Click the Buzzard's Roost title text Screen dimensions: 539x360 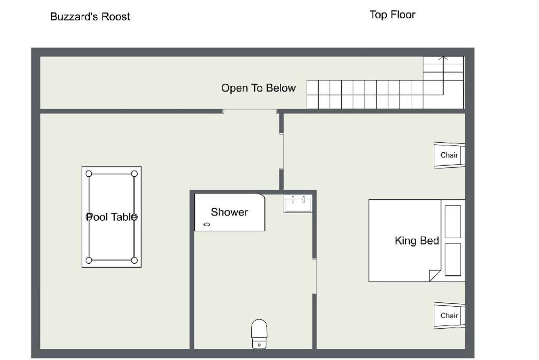tap(90, 17)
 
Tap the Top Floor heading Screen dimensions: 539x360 tap(392, 15)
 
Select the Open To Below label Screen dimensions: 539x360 tap(258, 88)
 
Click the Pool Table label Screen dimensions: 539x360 tap(111, 217)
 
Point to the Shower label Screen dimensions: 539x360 tap(229, 212)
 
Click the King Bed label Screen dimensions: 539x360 tap(417, 240)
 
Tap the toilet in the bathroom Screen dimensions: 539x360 tap(259, 334)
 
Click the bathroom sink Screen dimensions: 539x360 tap(298, 203)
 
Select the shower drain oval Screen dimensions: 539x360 tap(207, 224)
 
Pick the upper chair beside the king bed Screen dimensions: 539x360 tap(450, 155)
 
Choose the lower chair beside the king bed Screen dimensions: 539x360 tap(450, 316)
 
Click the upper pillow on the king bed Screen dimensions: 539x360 tap(453, 222)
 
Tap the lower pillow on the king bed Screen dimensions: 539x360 tap(453, 260)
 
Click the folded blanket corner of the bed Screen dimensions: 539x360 tap(434, 276)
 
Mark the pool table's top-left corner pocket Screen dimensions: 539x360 tap(89, 174)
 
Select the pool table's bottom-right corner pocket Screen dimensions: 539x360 tap(134, 260)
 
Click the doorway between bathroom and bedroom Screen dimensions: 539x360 tap(314, 276)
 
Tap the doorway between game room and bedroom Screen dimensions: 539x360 tap(281, 151)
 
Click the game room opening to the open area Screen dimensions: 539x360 tap(250, 111)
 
